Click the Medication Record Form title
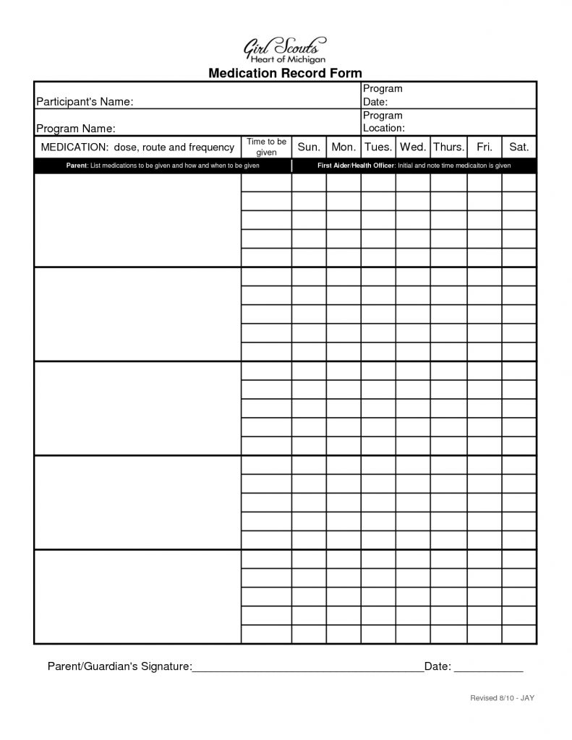click(285, 73)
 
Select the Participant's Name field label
click(85, 102)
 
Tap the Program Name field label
click(76, 129)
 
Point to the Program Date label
click(383, 95)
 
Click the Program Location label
click(383, 121)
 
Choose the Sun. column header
click(309, 147)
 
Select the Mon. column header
click(343, 147)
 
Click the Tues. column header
click(378, 147)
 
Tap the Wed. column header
click(413, 147)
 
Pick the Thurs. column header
click(448, 147)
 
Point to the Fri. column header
click(484, 147)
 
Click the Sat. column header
click(518, 147)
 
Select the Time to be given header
click(267, 147)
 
